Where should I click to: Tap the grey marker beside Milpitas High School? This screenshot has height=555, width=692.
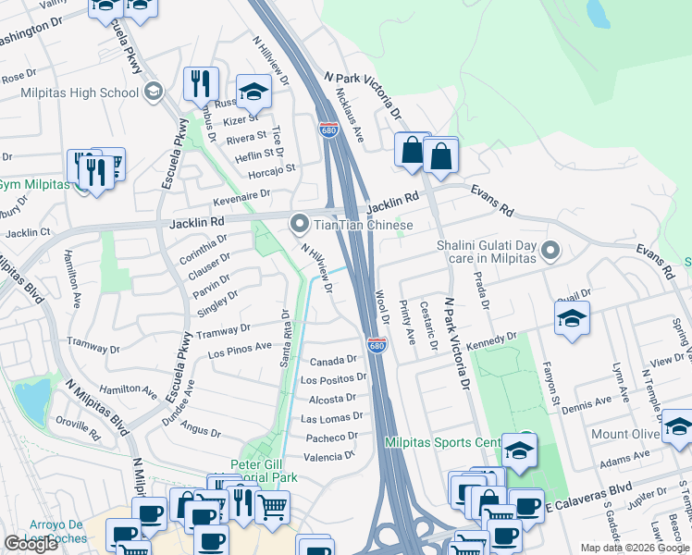[153, 92]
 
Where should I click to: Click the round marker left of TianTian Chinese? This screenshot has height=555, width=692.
[299, 223]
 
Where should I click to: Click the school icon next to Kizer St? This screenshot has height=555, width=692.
[253, 92]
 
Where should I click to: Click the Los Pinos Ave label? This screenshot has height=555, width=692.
[240, 350]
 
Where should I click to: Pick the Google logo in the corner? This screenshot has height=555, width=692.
[31, 544]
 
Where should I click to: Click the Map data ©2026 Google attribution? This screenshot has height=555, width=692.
[634, 548]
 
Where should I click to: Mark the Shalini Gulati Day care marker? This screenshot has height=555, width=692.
[550, 250]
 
